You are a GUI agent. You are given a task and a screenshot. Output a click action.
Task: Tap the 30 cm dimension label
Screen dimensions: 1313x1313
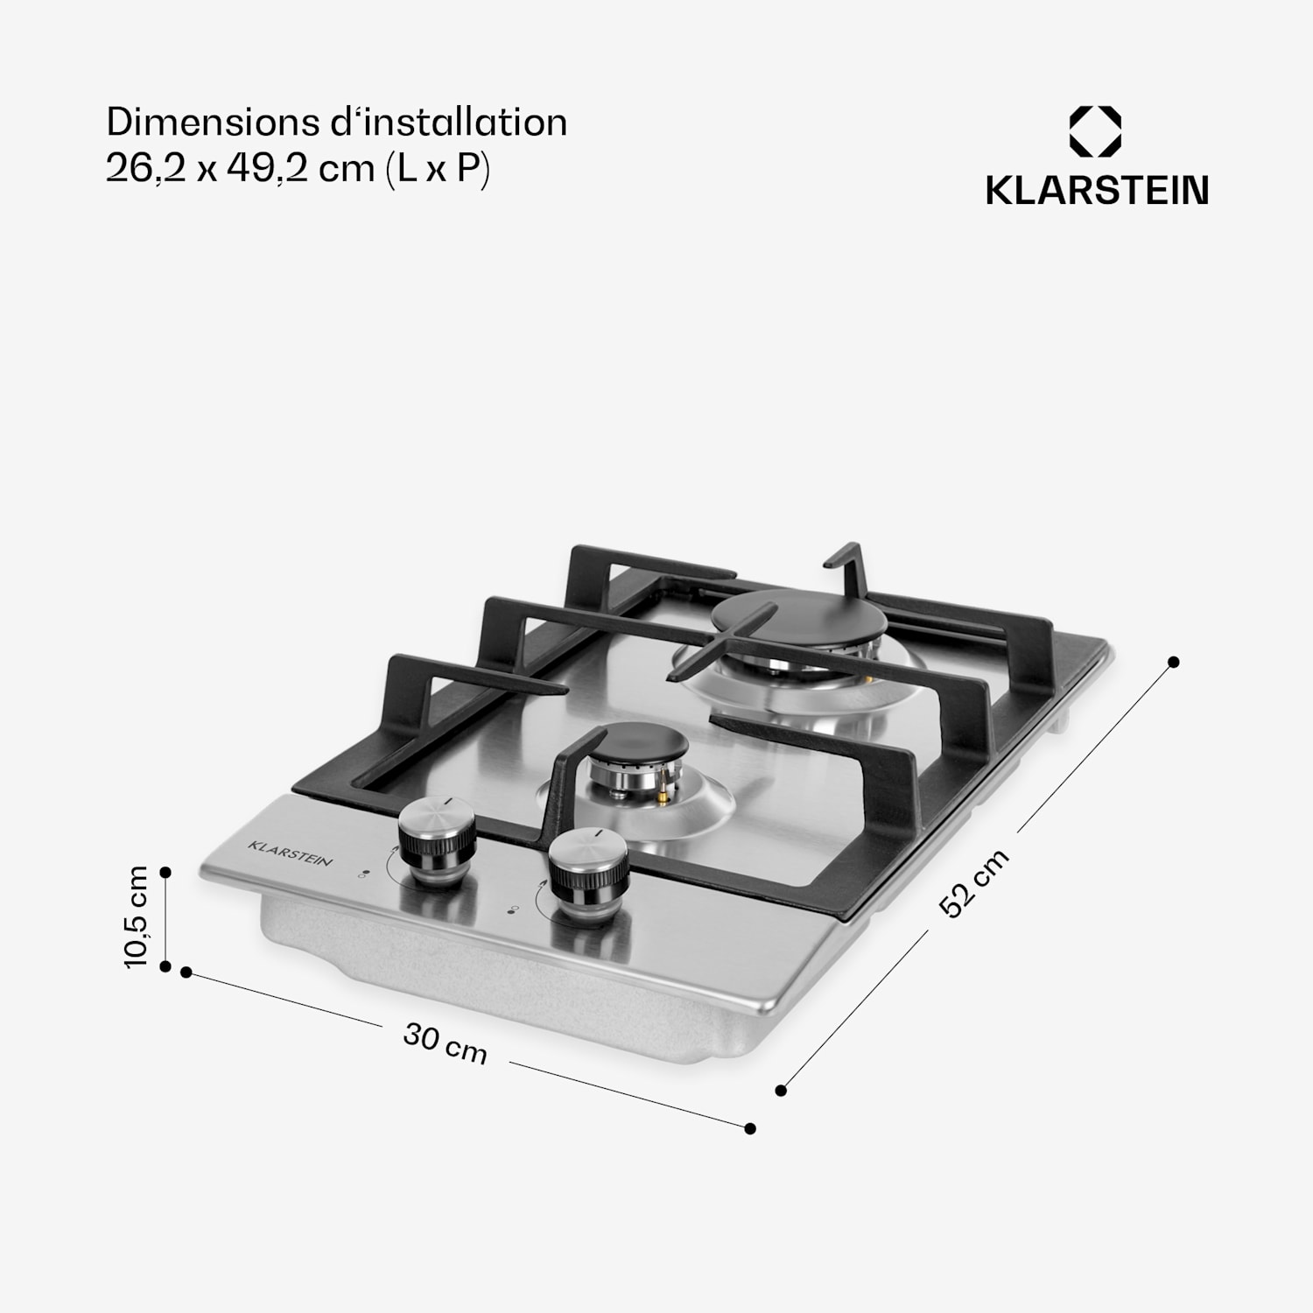445,1044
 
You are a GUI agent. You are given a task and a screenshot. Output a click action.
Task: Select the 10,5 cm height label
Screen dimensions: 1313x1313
137,916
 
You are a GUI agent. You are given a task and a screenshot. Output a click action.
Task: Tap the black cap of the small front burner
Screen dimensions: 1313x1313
635,748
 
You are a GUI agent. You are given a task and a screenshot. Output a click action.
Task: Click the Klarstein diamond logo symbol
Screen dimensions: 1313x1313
1095,131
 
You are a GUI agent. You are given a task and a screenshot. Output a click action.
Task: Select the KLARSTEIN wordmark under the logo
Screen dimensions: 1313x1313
1097,191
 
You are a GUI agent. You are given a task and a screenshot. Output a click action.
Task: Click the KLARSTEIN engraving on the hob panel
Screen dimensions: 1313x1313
291,853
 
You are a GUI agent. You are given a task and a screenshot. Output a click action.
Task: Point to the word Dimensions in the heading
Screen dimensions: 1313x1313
215,123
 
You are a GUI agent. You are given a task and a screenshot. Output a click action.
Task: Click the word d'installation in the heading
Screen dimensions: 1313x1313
449,123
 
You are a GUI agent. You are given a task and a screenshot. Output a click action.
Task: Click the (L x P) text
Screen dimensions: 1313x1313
438,168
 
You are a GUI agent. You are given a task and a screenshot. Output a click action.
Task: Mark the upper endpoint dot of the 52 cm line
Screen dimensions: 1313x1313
1174,662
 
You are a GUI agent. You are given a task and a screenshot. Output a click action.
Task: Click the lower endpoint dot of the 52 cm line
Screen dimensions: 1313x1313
782,1090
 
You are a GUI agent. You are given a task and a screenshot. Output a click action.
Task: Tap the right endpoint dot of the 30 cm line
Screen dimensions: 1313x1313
750,1129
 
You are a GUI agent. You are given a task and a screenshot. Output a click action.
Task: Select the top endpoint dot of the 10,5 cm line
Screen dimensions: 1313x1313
165,873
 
